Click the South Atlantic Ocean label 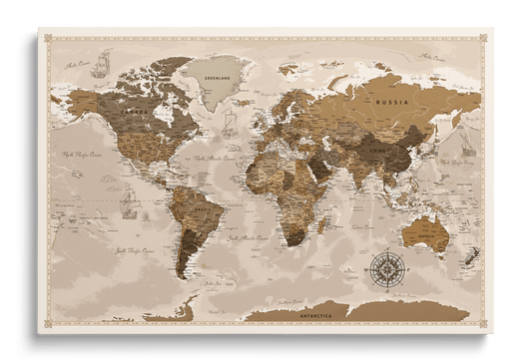(247, 239)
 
